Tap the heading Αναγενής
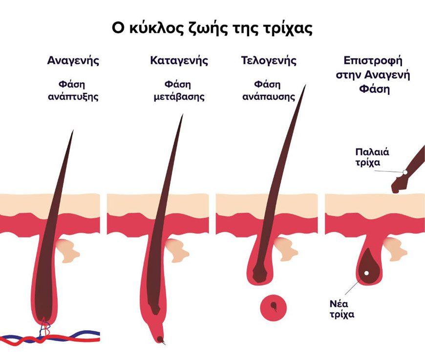click(73, 61)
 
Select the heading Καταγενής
click(179, 61)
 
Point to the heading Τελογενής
click(269, 61)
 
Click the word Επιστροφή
click(373, 61)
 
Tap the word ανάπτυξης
click(73, 97)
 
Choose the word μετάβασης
click(179, 97)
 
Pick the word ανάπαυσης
click(269, 97)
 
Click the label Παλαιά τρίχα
click(372, 157)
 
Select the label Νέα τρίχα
click(342, 309)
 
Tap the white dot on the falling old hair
click(405, 172)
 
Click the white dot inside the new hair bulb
click(366, 273)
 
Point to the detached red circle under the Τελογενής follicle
click(273, 308)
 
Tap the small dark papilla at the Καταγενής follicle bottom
click(160, 339)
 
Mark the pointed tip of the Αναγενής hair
click(73, 130)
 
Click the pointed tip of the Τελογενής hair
click(306, 85)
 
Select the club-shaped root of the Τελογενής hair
click(260, 272)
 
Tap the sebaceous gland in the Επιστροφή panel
click(396, 249)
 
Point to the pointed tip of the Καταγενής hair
click(183, 115)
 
